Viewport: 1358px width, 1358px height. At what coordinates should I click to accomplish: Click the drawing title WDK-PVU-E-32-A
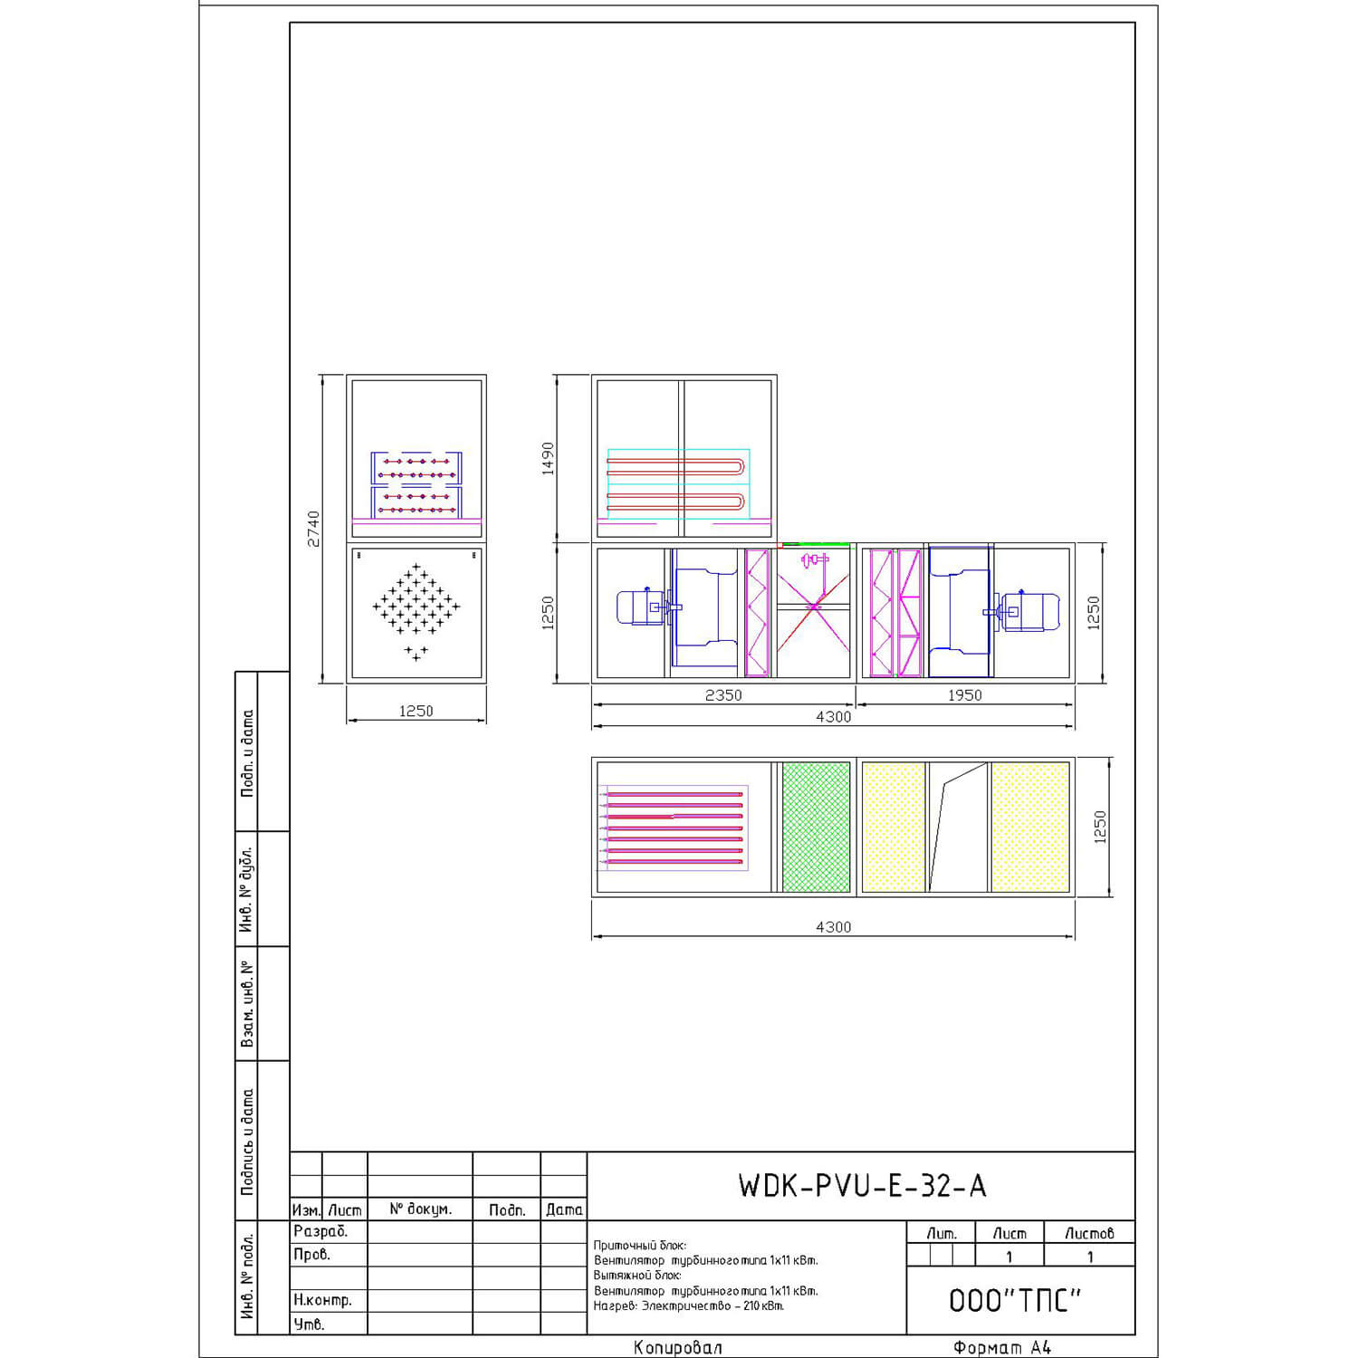(862, 1185)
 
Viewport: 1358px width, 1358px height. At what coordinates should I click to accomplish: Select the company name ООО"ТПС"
(1015, 1300)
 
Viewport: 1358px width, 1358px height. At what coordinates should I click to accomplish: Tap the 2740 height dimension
(313, 529)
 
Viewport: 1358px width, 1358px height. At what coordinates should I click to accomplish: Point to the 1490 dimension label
(548, 459)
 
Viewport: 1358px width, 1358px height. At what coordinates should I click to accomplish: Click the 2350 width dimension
(723, 695)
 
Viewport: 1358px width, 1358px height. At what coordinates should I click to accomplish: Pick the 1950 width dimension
(965, 695)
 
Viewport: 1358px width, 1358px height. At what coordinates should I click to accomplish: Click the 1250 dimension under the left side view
(416, 711)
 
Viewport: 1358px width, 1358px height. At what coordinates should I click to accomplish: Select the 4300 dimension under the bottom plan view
(833, 927)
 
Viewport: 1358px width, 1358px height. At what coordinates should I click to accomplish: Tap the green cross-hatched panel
(816, 827)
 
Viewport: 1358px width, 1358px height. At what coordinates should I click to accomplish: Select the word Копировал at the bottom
(678, 1347)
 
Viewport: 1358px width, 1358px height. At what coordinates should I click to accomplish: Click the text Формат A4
(1002, 1347)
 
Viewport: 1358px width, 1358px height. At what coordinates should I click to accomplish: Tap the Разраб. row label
(320, 1231)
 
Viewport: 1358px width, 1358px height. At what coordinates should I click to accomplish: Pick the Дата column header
(564, 1210)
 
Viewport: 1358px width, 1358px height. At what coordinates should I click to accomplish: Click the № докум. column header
(420, 1210)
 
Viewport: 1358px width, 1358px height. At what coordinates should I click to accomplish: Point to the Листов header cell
(1089, 1233)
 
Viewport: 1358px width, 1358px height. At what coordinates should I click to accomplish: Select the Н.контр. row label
(322, 1300)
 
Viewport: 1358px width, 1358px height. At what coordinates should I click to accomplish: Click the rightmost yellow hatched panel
(1030, 827)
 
